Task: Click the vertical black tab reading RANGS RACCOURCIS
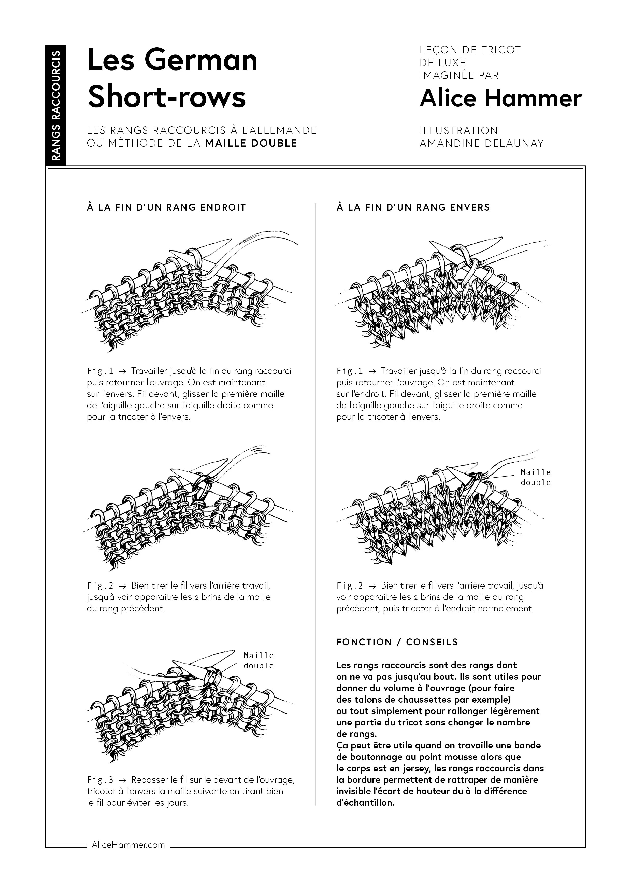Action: tap(56, 105)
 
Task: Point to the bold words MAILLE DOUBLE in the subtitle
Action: tap(251, 143)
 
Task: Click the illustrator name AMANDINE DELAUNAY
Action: tap(481, 144)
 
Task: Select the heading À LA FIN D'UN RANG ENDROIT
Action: tap(166, 207)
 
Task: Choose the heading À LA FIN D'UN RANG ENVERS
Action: tap(413, 207)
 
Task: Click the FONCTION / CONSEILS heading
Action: tap(397, 642)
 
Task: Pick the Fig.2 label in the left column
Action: tap(100, 585)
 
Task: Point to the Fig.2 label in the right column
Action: tap(350, 585)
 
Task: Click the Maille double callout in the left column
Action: tap(259, 661)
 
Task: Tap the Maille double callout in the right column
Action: tap(536, 477)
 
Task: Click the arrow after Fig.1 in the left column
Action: tap(122, 371)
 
